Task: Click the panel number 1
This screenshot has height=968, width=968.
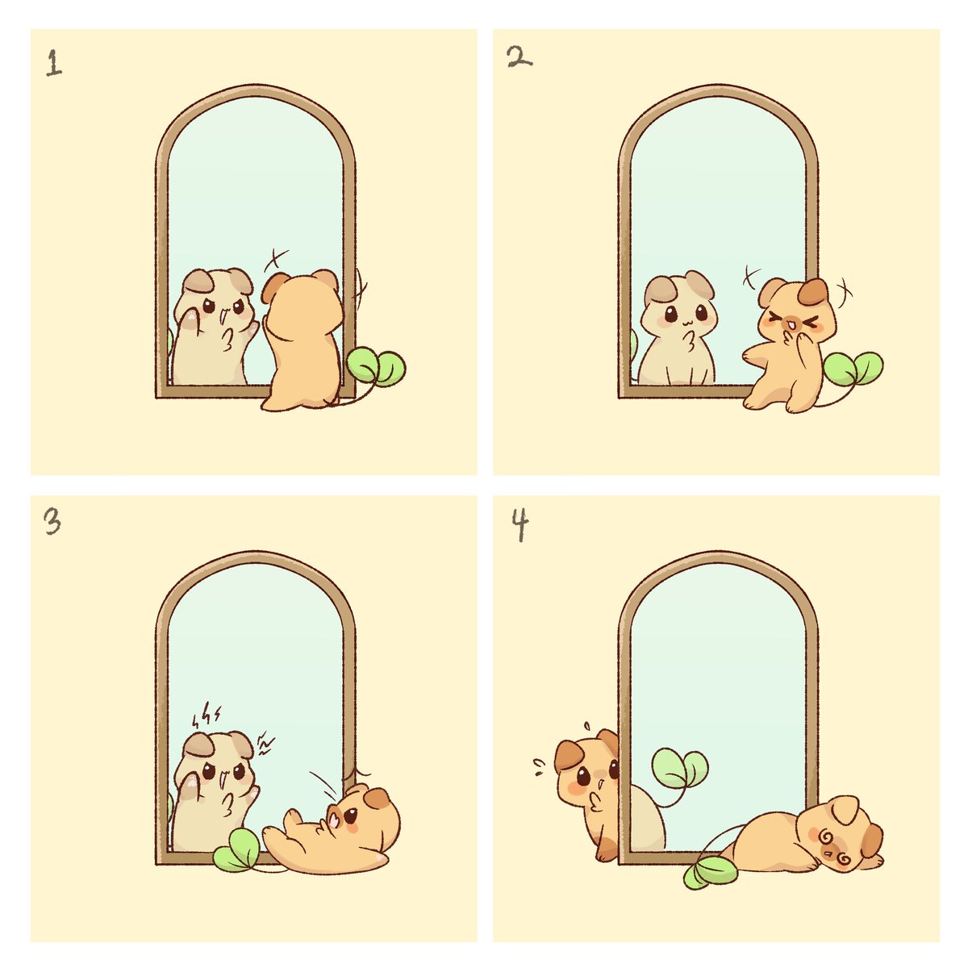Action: [x=54, y=63]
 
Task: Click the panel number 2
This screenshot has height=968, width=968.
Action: [x=519, y=58]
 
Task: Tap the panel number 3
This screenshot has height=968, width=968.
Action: [x=52, y=521]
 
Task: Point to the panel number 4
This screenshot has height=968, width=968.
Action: [x=520, y=524]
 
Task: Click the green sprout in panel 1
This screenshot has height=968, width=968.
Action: [x=376, y=367]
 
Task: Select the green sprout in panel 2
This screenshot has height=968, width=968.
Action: [x=853, y=369]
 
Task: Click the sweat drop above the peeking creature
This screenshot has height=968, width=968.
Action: [x=586, y=726]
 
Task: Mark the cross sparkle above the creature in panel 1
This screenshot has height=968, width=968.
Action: [x=277, y=260]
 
